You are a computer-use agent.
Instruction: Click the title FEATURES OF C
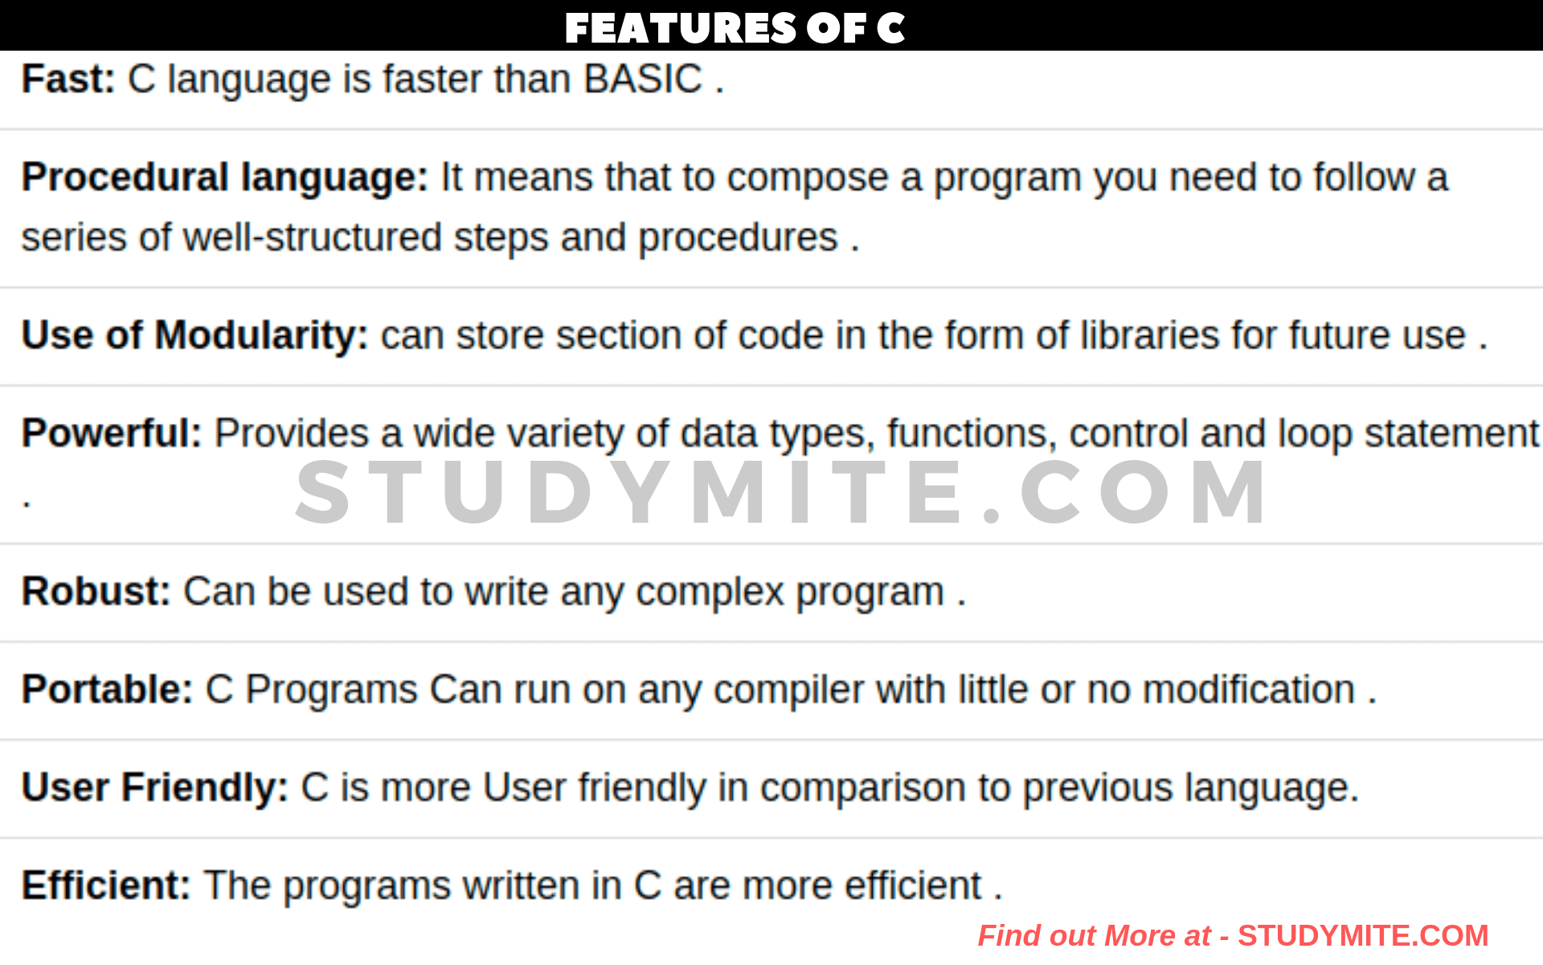click(735, 27)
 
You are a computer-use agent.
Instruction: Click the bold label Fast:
click(68, 79)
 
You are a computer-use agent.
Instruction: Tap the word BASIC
click(643, 79)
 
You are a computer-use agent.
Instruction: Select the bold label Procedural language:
click(225, 177)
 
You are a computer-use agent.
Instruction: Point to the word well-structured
click(313, 237)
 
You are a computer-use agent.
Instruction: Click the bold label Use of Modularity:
click(194, 335)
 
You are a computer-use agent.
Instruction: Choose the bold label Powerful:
click(112, 433)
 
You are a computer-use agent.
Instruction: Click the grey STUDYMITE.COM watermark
click(781, 492)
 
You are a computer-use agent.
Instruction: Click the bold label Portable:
click(107, 689)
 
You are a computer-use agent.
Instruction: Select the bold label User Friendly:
click(154, 787)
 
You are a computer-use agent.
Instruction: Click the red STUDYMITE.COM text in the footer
click(1363, 935)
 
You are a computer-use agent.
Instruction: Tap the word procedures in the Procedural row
click(738, 237)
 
